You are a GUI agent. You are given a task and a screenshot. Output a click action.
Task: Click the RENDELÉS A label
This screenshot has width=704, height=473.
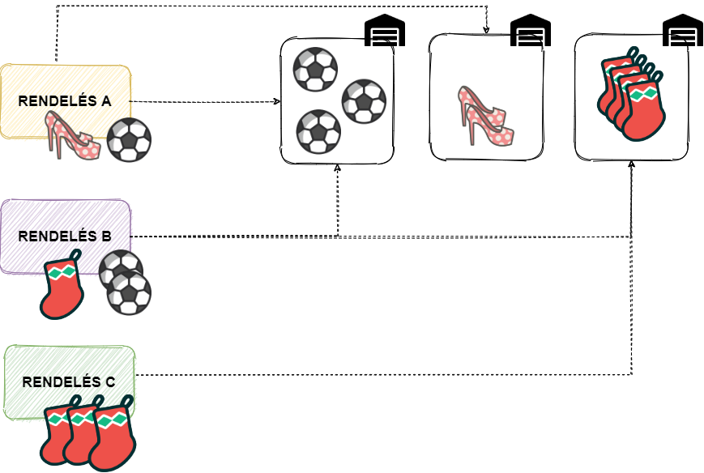(65, 101)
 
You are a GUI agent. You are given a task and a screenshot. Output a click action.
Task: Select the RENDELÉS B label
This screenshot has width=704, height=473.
(65, 236)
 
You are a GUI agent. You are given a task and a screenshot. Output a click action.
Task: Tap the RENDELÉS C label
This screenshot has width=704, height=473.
(69, 382)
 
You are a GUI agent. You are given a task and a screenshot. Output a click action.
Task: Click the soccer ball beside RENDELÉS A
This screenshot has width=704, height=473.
(129, 140)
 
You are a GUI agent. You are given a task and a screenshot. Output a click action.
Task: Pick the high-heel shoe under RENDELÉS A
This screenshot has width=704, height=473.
(73, 135)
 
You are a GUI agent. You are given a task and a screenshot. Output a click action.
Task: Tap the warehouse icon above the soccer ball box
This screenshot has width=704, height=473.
(385, 32)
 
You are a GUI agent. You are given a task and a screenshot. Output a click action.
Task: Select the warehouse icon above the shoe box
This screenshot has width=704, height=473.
(531, 32)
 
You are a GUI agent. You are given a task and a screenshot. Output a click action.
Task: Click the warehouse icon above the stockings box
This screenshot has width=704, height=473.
(682, 32)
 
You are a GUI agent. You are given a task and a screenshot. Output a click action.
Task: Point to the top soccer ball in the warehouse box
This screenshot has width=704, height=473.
(315, 69)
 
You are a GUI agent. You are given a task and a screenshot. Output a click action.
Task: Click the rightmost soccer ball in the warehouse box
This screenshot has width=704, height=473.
(364, 101)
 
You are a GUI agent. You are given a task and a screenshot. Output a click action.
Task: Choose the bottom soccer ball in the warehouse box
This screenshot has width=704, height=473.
(317, 132)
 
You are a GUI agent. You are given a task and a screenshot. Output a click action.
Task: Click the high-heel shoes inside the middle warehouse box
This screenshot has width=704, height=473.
(485, 116)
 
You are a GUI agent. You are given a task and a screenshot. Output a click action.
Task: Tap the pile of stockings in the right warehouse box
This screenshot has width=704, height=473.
(632, 96)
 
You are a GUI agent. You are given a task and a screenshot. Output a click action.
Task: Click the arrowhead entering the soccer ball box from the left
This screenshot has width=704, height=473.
(277, 102)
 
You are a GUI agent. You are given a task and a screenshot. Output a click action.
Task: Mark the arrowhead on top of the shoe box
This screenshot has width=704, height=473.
(487, 32)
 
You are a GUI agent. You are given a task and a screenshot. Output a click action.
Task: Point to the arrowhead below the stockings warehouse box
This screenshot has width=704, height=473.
(632, 164)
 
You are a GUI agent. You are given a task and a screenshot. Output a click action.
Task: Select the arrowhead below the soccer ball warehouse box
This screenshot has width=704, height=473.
(337, 167)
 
